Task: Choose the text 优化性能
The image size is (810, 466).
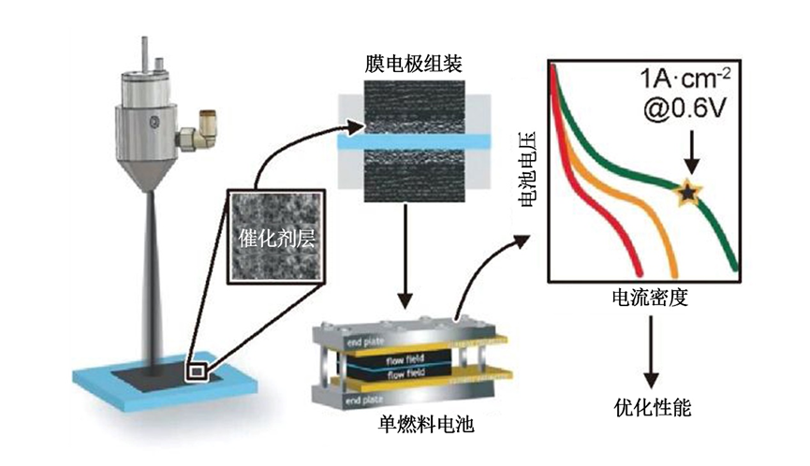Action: [x=648, y=408]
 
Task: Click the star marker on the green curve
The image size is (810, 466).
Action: [x=688, y=192]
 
